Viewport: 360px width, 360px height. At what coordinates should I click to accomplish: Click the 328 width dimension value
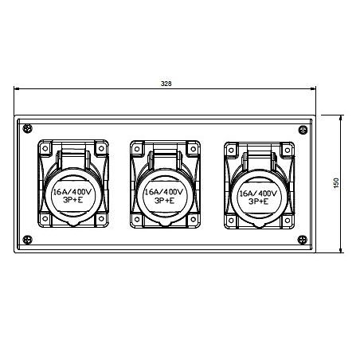tap(166, 84)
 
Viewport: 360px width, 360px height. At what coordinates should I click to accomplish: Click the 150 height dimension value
tap(336, 183)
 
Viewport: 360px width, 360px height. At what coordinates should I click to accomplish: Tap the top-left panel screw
tap(27, 129)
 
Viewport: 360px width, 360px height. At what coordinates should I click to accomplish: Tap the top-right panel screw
tap(303, 130)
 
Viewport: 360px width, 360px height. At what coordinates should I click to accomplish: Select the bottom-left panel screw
tap(27, 240)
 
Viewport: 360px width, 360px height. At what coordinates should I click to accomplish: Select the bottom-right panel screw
tap(302, 240)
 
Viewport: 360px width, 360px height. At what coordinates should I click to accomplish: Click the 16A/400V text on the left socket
tap(72, 192)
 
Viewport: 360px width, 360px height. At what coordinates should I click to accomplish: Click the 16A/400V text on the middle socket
tap(163, 192)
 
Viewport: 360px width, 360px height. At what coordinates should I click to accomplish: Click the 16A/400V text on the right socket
tap(258, 193)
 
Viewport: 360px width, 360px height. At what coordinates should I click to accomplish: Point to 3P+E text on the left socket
tap(72, 200)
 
